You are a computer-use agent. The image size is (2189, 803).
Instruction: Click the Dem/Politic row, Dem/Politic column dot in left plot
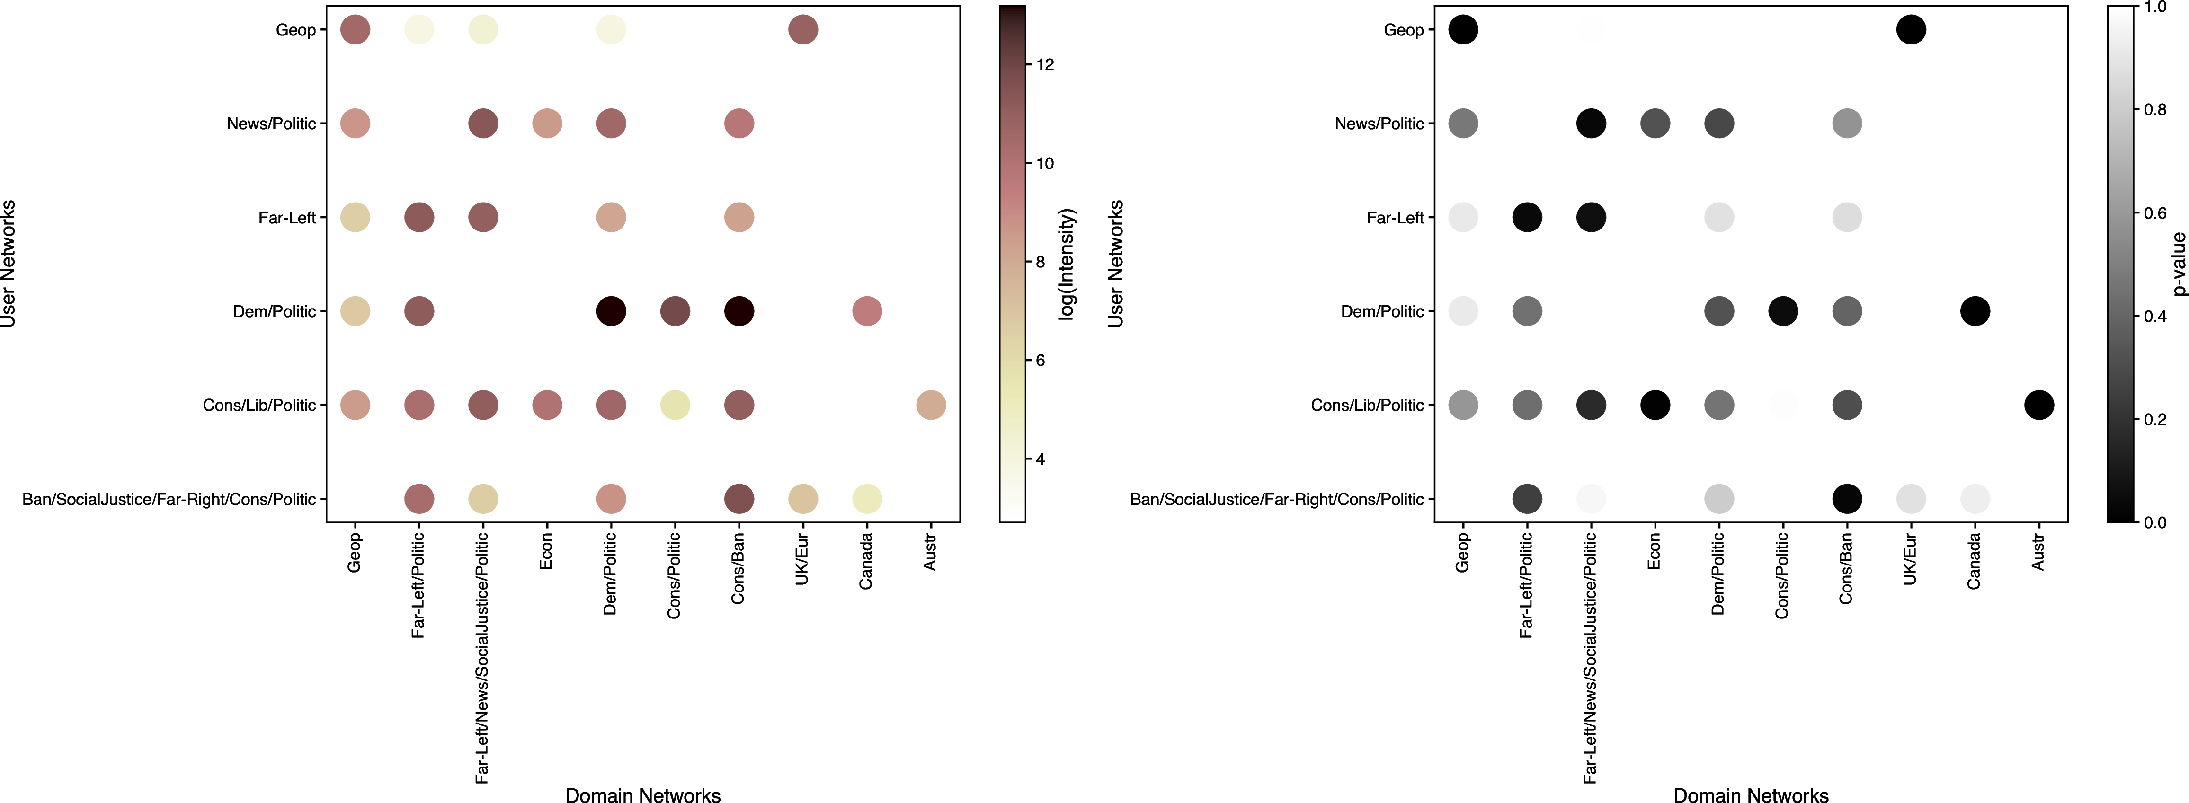[x=611, y=311]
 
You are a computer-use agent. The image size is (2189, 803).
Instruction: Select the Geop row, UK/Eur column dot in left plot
[x=803, y=30]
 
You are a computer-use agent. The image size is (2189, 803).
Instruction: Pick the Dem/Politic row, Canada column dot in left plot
[x=867, y=311]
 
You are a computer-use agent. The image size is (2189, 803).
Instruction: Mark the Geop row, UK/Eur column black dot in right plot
[x=1911, y=30]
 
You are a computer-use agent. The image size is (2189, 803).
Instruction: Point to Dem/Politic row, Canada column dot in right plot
[x=1975, y=311]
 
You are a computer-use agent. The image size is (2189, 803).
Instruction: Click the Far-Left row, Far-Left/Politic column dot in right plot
[x=1527, y=218]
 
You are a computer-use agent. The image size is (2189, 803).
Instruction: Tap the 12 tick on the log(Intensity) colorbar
[x=1044, y=64]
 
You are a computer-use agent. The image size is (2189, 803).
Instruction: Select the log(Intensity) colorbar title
[x=1068, y=264]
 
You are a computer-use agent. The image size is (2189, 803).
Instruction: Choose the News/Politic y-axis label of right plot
[x=1379, y=123]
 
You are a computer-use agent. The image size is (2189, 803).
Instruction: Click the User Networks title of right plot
[x=1116, y=264]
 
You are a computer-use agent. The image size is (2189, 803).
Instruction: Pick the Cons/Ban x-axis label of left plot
[x=739, y=568]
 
